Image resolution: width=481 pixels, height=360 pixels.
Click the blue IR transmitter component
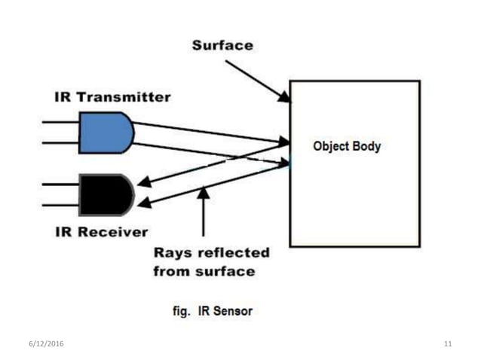[x=106, y=132]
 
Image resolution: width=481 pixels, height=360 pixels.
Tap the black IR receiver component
[x=106, y=195]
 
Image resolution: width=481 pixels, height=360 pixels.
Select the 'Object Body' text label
[x=347, y=146]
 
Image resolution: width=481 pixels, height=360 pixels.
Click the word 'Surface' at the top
[x=222, y=45]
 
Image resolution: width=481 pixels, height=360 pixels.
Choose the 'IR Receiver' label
[x=101, y=230]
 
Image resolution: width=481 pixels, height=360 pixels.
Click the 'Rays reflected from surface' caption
[x=211, y=261]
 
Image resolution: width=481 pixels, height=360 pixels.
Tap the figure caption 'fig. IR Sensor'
[x=214, y=310]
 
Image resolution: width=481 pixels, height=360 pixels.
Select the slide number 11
[x=448, y=344]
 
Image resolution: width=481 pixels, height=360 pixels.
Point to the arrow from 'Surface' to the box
[x=256, y=80]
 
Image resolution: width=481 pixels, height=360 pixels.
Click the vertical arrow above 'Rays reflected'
[x=202, y=215]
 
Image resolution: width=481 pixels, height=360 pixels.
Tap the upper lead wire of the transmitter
[x=60, y=122]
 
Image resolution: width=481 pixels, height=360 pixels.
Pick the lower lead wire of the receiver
[x=60, y=206]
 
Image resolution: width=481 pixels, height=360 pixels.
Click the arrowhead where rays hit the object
[x=284, y=141]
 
